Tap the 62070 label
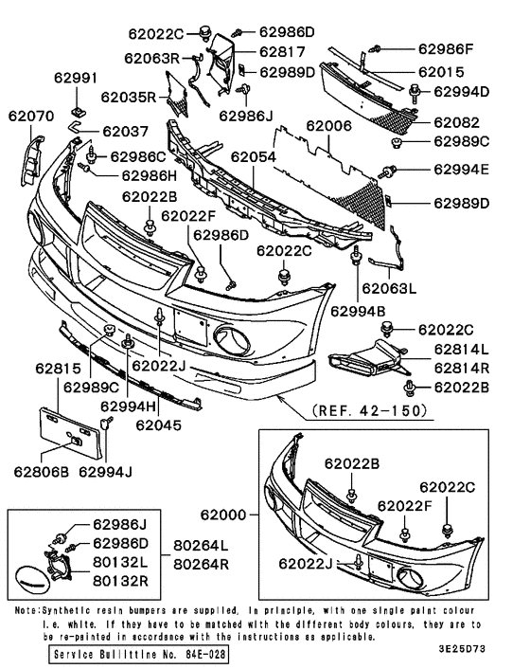(x=31, y=118)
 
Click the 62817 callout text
(x=278, y=53)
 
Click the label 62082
(x=457, y=123)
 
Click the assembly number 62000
(x=222, y=515)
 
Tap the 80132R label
(x=119, y=577)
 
